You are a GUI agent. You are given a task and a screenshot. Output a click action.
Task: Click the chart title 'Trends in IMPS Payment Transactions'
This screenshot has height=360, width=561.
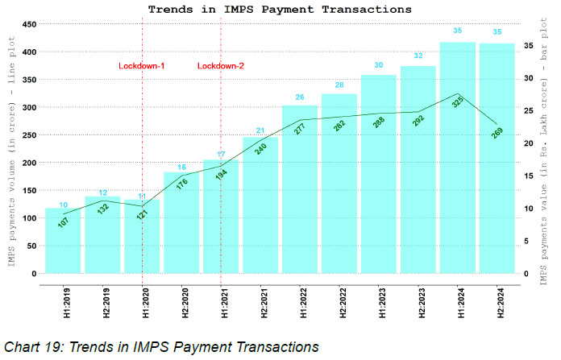pyautogui.click(x=279, y=9)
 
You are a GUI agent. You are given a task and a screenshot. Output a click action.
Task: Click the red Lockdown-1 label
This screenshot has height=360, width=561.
pyautogui.click(x=142, y=65)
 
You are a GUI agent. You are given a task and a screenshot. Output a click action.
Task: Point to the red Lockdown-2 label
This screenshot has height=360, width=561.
pyautogui.click(x=221, y=65)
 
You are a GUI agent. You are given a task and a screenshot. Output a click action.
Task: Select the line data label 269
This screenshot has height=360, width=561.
pyautogui.click(x=497, y=134)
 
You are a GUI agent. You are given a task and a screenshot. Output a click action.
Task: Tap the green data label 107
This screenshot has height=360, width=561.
pyautogui.click(x=64, y=221)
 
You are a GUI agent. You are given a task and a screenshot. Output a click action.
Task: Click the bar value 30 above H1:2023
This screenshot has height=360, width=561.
pyautogui.click(x=379, y=65)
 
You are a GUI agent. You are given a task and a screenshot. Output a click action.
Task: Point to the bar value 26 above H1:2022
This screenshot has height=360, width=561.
pyautogui.click(x=300, y=97)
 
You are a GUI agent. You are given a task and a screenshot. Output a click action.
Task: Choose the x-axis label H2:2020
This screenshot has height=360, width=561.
pyautogui.click(x=182, y=303)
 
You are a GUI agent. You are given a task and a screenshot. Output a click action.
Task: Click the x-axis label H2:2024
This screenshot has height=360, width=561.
pyautogui.click(x=498, y=303)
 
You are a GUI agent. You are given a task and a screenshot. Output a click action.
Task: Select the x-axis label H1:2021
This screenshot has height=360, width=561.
pyautogui.click(x=222, y=303)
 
